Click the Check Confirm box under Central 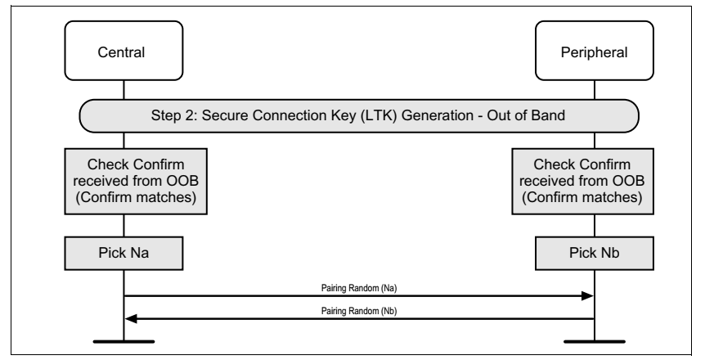pyautogui.click(x=123, y=182)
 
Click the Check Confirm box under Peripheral pyautogui.click(x=593, y=182)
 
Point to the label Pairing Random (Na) pyautogui.click(x=358, y=287)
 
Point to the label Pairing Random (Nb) pyautogui.click(x=358, y=311)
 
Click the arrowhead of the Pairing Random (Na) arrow pyautogui.click(x=587, y=295)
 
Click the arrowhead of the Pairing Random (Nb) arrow pyautogui.click(x=129, y=318)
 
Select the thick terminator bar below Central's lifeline pyautogui.click(x=123, y=340)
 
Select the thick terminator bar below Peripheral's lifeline pyautogui.click(x=593, y=340)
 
